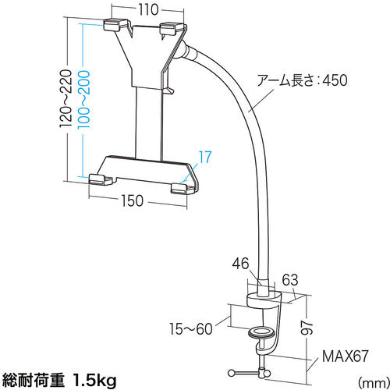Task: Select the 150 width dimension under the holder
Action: click(133, 201)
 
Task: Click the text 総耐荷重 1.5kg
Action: click(58, 380)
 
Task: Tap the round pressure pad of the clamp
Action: click(263, 334)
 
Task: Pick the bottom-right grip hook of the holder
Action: click(182, 186)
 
